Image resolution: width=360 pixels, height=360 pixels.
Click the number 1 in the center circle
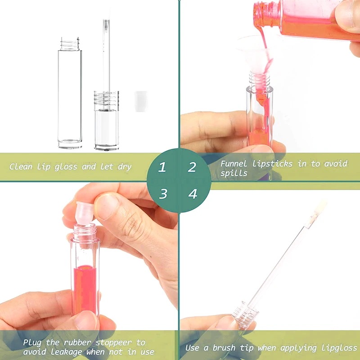click(x=162, y=168)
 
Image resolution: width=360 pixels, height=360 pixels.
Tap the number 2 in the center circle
click(x=192, y=167)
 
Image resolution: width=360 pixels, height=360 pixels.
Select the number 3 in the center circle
click(x=163, y=194)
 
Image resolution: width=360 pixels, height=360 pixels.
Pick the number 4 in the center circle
click(x=193, y=194)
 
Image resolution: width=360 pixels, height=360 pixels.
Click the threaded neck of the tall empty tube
click(x=70, y=44)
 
